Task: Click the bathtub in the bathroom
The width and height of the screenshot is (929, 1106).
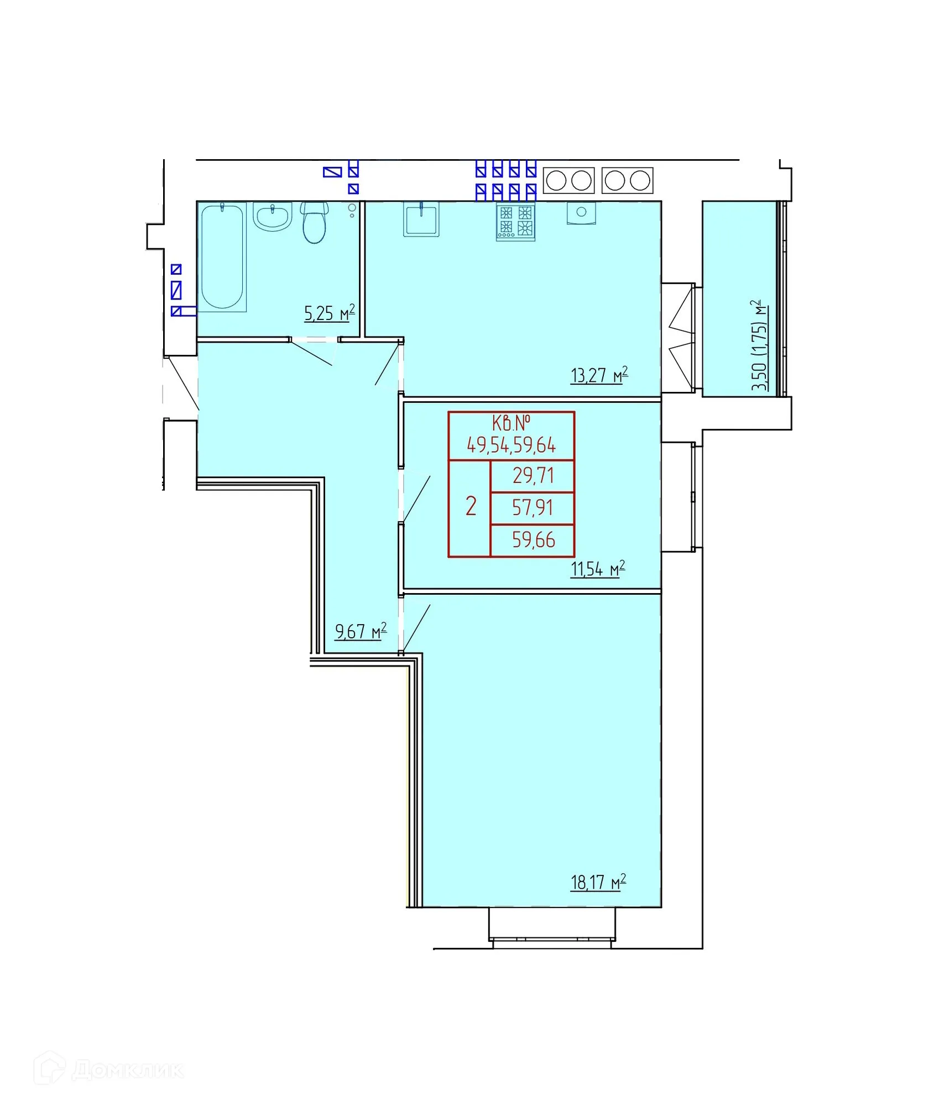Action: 222,257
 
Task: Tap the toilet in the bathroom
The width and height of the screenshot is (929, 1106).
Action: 314,223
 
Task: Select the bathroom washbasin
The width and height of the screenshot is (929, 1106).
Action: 273,216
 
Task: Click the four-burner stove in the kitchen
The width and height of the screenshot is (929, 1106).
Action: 515,222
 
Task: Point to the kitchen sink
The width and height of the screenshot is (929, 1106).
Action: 421,219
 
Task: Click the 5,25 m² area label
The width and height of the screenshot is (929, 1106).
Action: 330,313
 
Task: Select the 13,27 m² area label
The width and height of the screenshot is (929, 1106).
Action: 599,375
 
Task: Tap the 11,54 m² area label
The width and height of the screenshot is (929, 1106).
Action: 598,568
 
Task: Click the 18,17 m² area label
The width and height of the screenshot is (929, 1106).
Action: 598,882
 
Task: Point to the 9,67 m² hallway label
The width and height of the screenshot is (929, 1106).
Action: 361,631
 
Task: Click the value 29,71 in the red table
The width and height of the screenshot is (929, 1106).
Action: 533,476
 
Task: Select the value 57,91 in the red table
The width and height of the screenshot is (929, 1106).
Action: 533,507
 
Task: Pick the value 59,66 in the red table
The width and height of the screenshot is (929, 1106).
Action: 534,540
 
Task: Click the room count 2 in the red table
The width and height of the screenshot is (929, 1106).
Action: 471,506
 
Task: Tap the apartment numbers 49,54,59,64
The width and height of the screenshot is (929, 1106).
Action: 512,445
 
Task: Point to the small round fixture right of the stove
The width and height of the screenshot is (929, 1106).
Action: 581,213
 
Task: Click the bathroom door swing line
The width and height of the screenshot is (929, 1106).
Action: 311,354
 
